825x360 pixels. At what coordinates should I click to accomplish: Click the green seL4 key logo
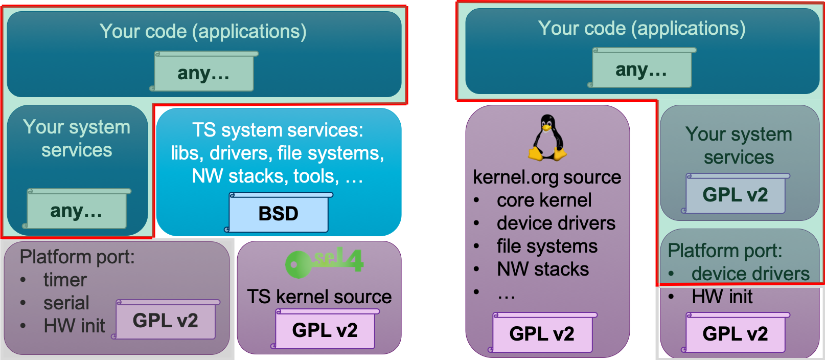(x=324, y=262)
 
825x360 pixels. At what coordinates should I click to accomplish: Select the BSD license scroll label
(x=279, y=213)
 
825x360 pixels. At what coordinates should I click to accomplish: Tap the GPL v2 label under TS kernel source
(x=325, y=330)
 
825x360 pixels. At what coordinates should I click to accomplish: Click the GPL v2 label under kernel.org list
(x=542, y=334)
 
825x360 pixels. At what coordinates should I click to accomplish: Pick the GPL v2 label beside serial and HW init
(x=166, y=321)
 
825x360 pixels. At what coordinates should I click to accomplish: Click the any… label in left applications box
(x=203, y=73)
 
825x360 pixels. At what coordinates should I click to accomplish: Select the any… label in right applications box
(x=641, y=70)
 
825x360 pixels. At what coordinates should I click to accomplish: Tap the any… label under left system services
(x=76, y=211)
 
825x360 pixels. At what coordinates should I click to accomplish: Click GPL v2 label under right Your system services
(x=735, y=195)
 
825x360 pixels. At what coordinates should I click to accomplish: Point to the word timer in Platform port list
(x=65, y=280)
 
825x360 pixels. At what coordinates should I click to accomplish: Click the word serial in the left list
(x=66, y=303)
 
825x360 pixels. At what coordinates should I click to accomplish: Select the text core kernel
(x=544, y=200)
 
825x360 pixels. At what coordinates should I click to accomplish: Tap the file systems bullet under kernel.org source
(x=547, y=246)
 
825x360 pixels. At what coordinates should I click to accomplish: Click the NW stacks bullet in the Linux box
(x=543, y=269)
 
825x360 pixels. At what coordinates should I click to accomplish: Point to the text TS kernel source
(x=319, y=297)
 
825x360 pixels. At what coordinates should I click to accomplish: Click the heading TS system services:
(x=278, y=130)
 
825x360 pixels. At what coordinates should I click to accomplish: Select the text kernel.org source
(x=547, y=177)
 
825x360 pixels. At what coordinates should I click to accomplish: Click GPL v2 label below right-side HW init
(x=735, y=334)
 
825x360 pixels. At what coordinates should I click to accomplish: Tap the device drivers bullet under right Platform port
(x=750, y=274)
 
